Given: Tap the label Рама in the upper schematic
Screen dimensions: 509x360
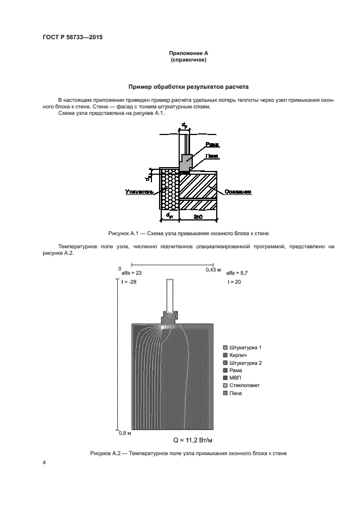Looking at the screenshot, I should [x=212, y=145].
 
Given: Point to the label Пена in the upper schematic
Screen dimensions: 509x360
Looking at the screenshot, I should [x=212, y=156].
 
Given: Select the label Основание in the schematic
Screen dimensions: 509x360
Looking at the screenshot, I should [x=237, y=192].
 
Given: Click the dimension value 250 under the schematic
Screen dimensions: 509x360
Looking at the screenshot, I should [x=198, y=218].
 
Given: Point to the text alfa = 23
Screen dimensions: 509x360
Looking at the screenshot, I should [x=131, y=272].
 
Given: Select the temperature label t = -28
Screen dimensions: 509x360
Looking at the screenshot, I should [x=130, y=283].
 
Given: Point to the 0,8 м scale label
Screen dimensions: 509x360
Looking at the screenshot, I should [x=126, y=433].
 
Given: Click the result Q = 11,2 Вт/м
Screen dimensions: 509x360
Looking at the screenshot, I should [x=193, y=440].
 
